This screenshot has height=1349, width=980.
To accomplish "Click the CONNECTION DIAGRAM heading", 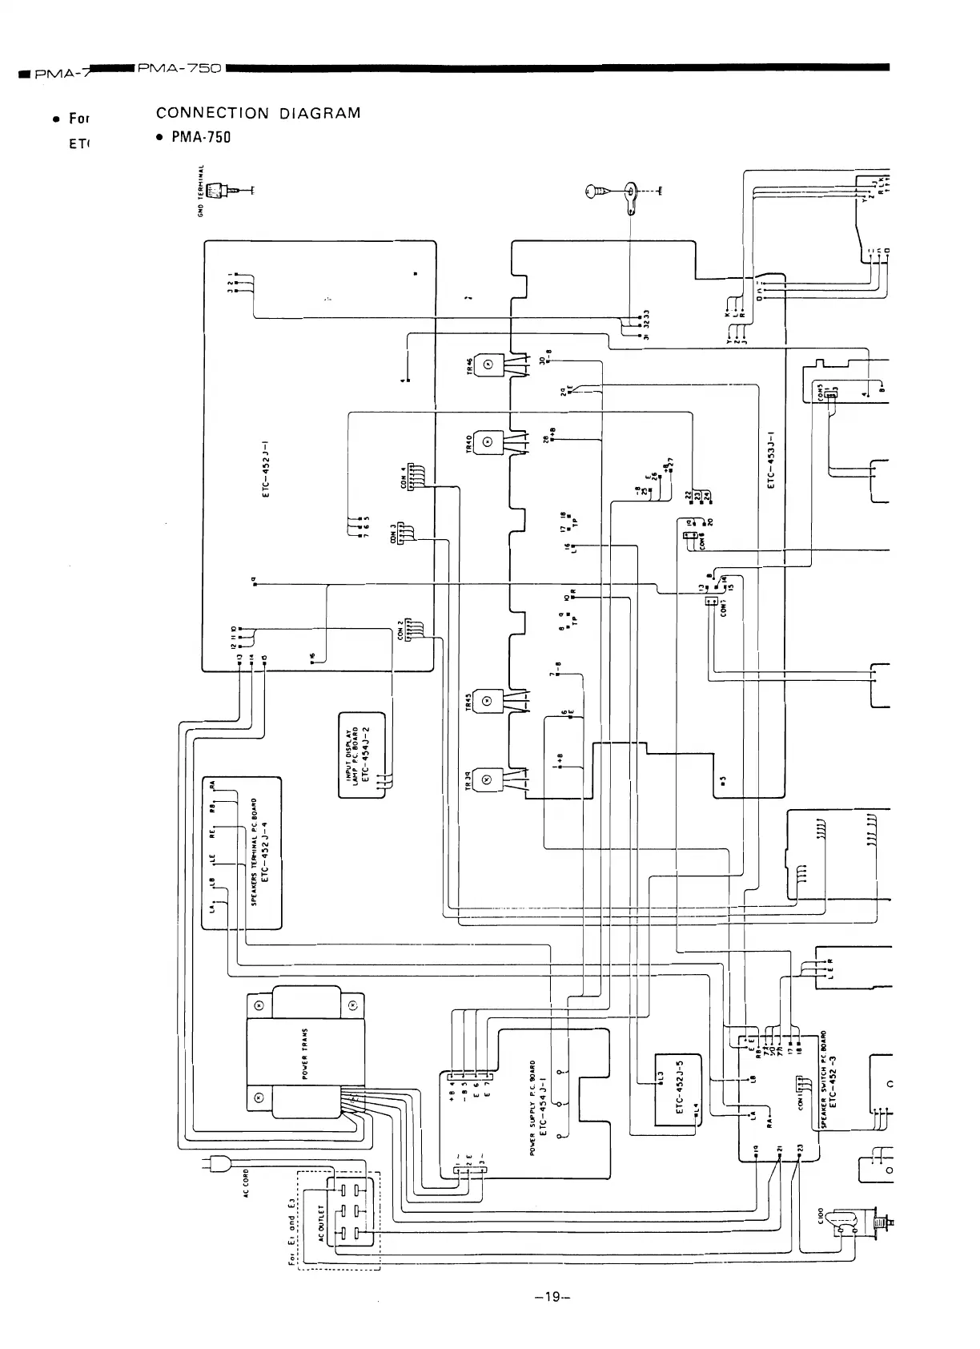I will pyautogui.click(x=259, y=113).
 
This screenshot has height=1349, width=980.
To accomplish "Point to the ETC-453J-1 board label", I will pyautogui.click(x=770, y=461).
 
